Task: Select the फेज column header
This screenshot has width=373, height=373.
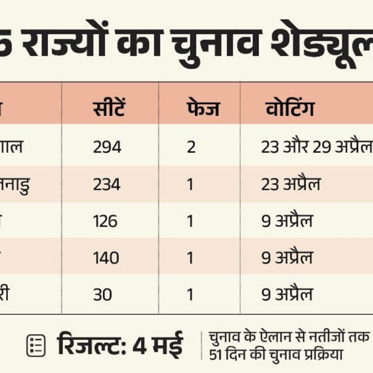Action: pyautogui.click(x=203, y=109)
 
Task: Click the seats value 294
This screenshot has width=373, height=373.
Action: pyautogui.click(x=107, y=147)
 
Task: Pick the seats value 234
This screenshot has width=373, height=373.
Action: pyautogui.click(x=107, y=185)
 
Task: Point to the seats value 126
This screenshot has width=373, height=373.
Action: pyautogui.click(x=105, y=221)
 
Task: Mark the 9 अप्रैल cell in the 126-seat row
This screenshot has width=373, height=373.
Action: pyautogui.click(x=287, y=221)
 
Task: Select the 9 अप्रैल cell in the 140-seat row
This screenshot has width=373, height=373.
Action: pyautogui.click(x=287, y=258)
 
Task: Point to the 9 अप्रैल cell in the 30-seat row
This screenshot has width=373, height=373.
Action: pyautogui.click(x=287, y=295)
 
